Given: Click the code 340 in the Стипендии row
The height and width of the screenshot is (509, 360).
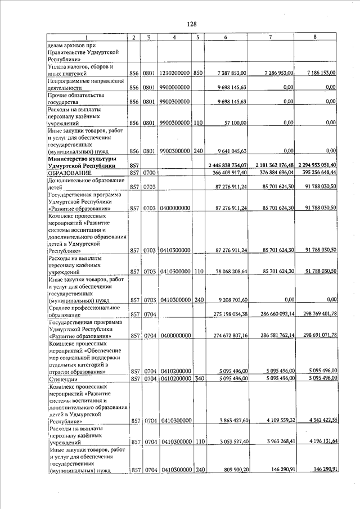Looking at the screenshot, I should click(x=197, y=380).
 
